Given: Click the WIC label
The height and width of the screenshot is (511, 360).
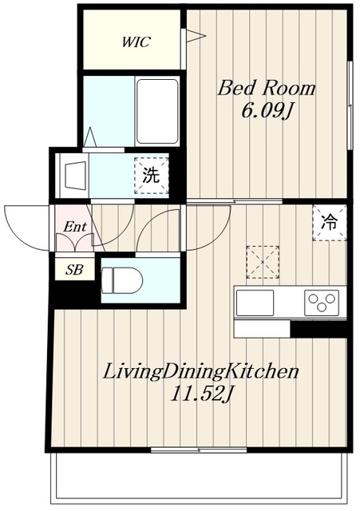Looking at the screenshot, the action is point(136,42).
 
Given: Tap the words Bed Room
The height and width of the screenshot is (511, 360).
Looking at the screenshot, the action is point(267,89).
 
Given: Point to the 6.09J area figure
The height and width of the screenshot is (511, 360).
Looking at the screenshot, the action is point(266,112).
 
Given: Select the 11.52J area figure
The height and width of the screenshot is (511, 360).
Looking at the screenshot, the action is point(201,394).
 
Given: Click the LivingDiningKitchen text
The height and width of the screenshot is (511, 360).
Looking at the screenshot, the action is point(200,372).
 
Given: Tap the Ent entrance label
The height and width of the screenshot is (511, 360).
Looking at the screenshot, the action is point(75,227).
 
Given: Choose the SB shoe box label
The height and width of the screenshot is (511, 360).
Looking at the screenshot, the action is point(74,270).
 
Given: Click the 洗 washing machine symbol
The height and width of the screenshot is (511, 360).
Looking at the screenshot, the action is point(152,176).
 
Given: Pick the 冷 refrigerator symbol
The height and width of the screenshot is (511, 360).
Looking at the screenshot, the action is point(330,223).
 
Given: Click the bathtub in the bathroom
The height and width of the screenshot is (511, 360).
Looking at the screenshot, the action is point(158,112).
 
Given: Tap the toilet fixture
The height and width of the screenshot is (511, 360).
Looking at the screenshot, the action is point(122,280).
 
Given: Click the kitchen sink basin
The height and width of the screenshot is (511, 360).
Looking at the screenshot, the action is point(255,303).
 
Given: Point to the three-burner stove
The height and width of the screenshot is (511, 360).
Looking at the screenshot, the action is point(322,303).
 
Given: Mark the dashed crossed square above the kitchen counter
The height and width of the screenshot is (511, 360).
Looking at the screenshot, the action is point(263,263).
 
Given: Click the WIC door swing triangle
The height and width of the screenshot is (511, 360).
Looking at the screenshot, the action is point(196,35).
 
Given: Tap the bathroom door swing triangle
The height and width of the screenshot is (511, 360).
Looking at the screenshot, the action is point(89,137).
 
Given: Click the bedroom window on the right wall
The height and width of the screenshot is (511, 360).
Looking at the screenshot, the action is point(350,105).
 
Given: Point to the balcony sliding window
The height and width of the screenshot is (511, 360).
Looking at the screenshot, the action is point(199,450).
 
